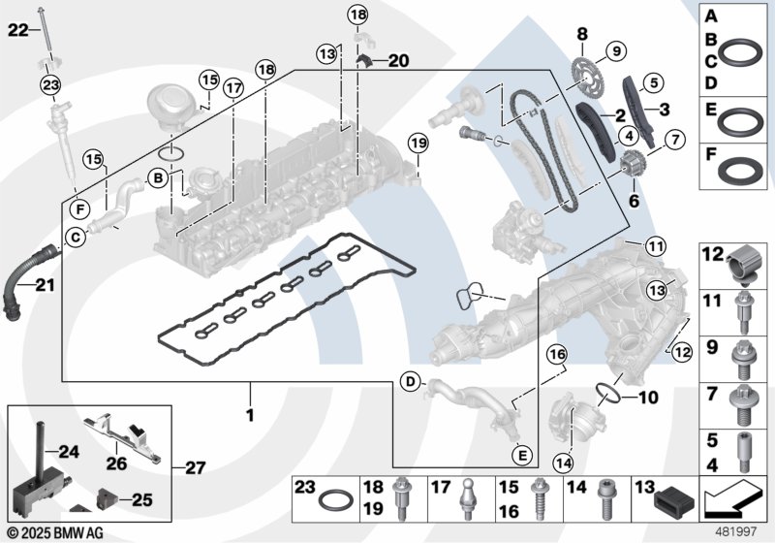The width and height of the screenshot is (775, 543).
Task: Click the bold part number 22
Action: [x=18, y=31]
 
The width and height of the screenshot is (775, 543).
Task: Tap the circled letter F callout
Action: [x=79, y=210]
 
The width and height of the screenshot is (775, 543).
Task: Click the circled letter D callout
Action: [x=411, y=382]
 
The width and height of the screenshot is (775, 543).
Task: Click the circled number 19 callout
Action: [x=418, y=144]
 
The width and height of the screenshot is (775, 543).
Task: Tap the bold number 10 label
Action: [x=647, y=397]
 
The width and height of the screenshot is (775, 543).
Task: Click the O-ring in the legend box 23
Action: [x=335, y=500]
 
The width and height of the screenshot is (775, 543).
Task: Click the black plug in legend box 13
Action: [x=674, y=501]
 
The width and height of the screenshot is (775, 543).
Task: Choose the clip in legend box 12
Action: [x=742, y=265]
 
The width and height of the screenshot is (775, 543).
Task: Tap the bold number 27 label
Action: [x=195, y=467]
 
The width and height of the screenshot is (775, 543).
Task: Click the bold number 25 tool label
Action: [x=141, y=499]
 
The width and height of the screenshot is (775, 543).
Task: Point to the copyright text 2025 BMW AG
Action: [x=56, y=532]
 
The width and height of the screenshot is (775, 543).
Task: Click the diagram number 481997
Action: [x=736, y=532]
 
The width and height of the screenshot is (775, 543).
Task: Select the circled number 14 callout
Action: [x=564, y=463]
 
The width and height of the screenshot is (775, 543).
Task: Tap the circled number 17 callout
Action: [x=233, y=88]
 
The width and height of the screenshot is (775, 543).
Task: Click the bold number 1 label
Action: [x=250, y=414]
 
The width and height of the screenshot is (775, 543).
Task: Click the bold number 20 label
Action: [x=399, y=61]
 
